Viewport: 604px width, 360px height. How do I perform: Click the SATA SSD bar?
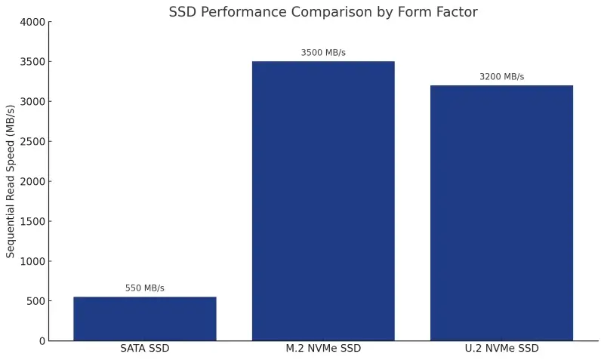(144, 318)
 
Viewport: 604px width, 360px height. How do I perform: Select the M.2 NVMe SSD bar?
(323, 201)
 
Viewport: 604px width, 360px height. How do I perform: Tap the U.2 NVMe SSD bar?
(501, 213)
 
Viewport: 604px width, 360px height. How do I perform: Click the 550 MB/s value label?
(144, 288)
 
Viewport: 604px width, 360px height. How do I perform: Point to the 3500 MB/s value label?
(323, 53)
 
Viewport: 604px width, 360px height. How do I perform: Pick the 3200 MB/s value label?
(501, 77)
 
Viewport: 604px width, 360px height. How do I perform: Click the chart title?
(323, 12)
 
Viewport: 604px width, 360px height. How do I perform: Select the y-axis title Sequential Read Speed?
(11, 181)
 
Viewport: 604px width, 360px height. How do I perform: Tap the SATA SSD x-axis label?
(144, 349)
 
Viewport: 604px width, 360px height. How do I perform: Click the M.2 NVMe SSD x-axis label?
(323, 349)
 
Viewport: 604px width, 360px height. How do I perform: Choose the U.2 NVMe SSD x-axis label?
(501, 349)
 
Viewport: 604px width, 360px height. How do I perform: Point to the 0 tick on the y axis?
(42, 341)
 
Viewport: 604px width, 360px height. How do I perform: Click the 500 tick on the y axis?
(35, 301)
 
